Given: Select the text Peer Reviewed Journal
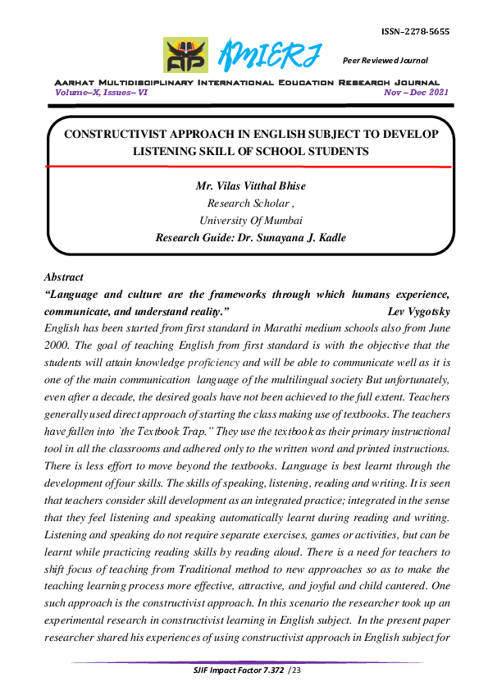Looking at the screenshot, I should click(385, 60).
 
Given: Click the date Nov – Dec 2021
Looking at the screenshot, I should click(417, 94).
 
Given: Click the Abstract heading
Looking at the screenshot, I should click(64, 277).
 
